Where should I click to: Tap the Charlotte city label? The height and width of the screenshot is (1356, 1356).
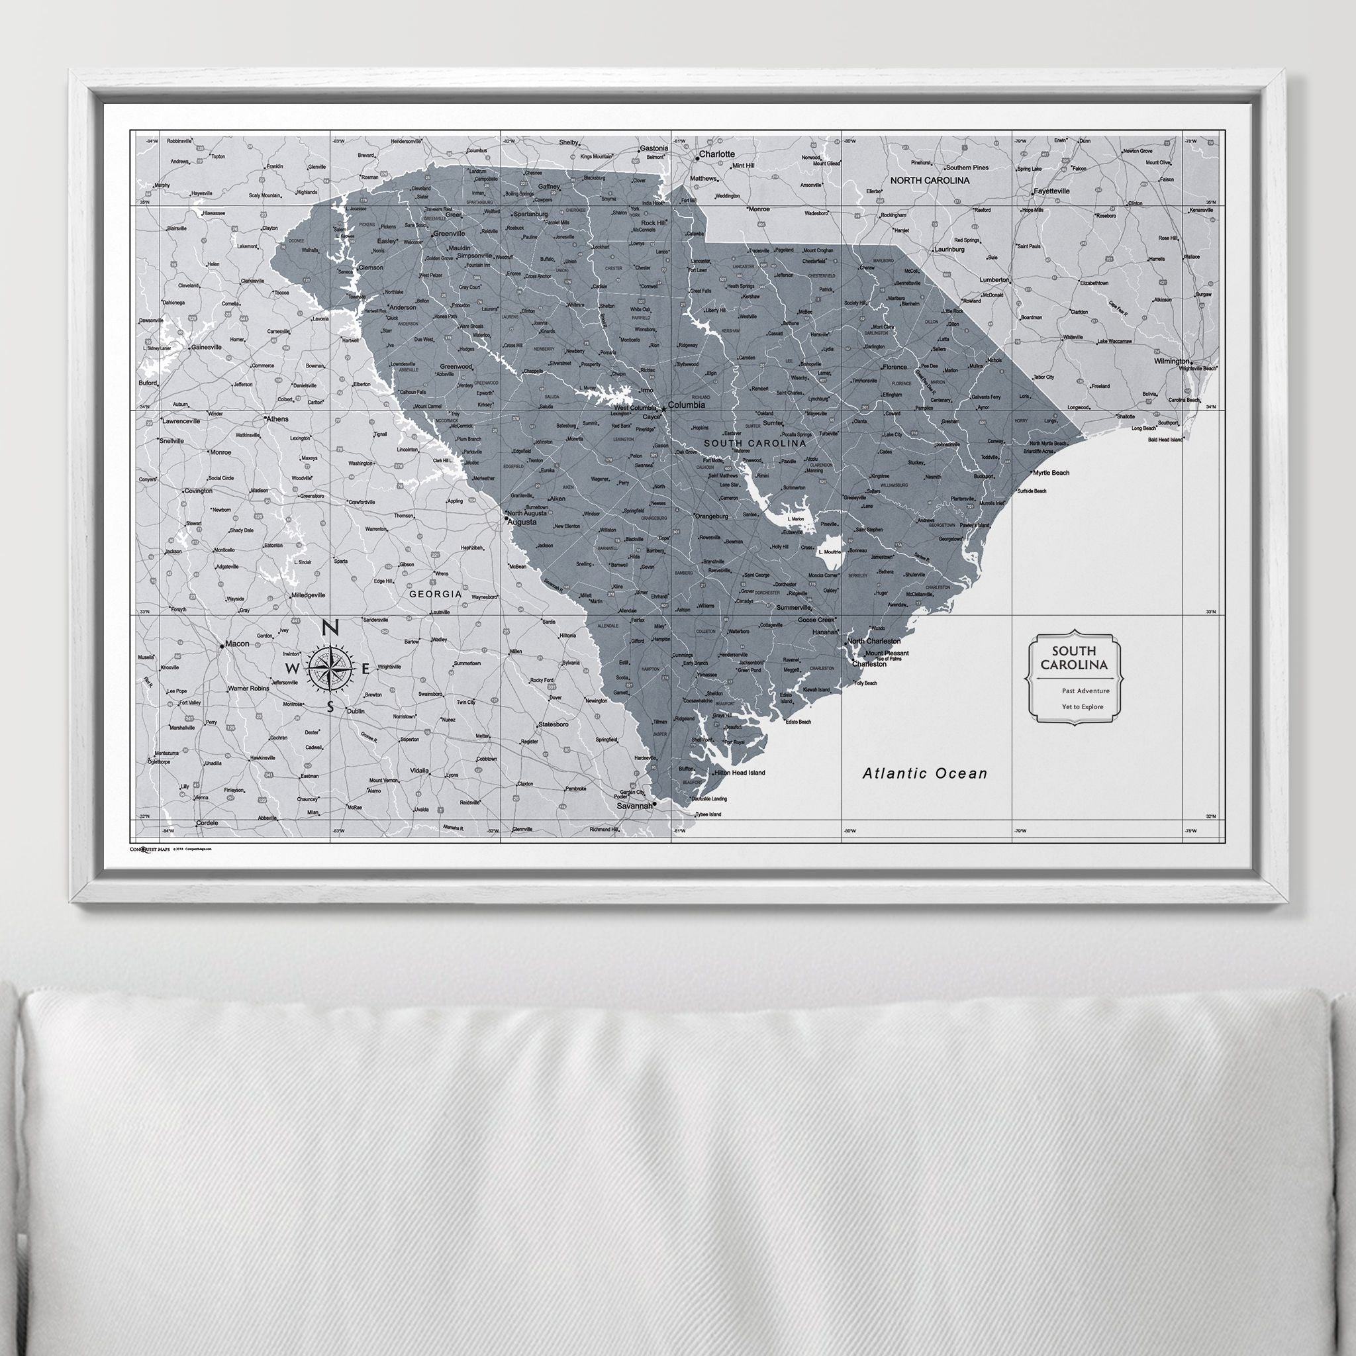tap(716, 154)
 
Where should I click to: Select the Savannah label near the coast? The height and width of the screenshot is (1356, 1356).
tap(634, 807)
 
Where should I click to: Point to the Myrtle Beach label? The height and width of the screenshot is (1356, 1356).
tap(1051, 473)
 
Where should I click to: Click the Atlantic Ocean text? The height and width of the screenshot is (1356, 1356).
tap(924, 773)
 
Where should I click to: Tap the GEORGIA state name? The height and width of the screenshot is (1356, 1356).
tap(435, 594)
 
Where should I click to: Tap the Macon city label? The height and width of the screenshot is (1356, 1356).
tap(237, 644)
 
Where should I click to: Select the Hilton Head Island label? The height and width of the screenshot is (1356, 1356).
tap(738, 773)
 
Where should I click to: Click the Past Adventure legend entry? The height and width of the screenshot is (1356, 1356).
tap(1086, 691)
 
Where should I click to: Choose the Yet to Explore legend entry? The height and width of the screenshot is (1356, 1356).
tap(1083, 706)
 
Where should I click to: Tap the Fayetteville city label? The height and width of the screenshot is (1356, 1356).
tap(1051, 191)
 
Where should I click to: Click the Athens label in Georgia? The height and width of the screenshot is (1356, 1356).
tap(276, 419)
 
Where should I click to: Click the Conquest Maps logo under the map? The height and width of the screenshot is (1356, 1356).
tap(150, 849)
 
